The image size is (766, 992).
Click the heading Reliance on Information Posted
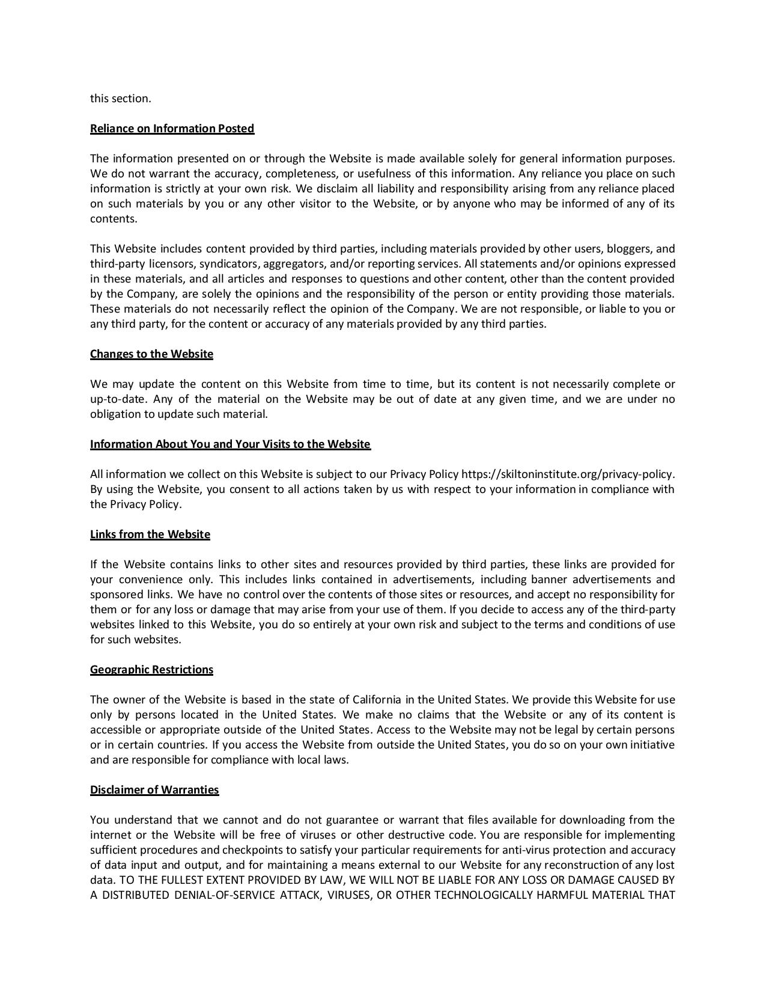[172, 129]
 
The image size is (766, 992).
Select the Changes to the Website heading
[151, 354]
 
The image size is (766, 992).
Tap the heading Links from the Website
[150, 534]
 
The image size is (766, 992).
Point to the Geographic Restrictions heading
[151, 670]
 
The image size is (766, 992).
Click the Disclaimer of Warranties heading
[154, 790]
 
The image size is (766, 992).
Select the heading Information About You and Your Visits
[230, 444]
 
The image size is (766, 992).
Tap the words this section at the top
[120, 99]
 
